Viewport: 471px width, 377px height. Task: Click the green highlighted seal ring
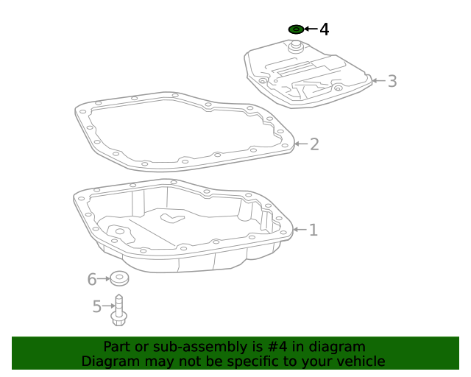[296, 29]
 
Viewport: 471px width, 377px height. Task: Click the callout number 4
[324, 29]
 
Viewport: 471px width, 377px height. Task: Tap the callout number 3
[392, 81]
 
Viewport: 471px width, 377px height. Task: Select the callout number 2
[314, 144]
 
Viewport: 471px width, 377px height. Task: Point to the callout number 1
[313, 230]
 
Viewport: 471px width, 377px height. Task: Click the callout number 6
[92, 279]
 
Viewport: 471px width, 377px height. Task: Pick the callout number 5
[96, 306]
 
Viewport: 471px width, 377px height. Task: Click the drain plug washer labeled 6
[119, 278]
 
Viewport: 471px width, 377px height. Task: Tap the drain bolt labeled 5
[119, 310]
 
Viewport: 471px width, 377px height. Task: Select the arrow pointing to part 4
[310, 29]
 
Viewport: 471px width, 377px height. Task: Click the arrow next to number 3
[377, 80]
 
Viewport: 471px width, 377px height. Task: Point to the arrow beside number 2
[300, 144]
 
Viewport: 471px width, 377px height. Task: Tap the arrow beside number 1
[299, 230]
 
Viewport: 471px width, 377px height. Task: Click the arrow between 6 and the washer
[104, 279]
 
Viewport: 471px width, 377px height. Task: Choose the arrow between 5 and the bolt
[108, 306]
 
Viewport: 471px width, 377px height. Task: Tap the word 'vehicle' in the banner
[360, 362]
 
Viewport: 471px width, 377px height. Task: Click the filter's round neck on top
[297, 46]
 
